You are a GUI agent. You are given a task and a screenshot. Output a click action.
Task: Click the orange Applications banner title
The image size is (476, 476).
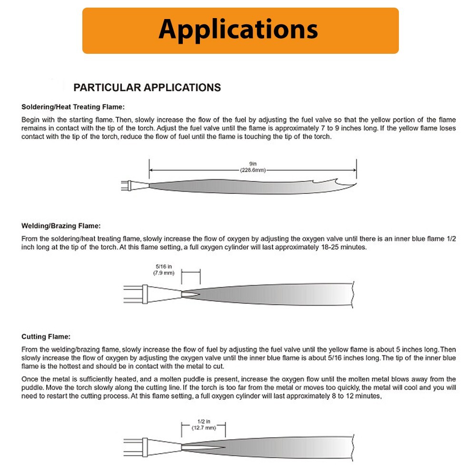pyautogui.click(x=238, y=30)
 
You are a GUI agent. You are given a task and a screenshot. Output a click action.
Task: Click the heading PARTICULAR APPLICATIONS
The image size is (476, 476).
pyautogui.click(x=147, y=88)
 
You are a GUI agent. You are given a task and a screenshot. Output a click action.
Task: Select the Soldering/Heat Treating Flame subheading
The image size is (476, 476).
pyautogui.click(x=73, y=107)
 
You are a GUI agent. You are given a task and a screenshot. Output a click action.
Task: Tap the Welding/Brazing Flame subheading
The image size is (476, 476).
pyautogui.click(x=61, y=226)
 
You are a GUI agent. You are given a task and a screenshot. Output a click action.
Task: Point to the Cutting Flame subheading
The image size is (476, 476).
pyautogui.click(x=46, y=337)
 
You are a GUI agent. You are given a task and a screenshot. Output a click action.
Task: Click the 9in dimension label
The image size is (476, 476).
pyautogui.click(x=253, y=164)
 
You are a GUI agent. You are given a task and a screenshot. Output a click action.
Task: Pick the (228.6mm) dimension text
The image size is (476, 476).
pyautogui.click(x=253, y=170)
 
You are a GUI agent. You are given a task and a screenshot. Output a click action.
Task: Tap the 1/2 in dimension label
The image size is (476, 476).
pyautogui.click(x=204, y=421)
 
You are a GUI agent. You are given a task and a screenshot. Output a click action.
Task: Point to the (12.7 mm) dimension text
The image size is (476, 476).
pyautogui.click(x=204, y=427)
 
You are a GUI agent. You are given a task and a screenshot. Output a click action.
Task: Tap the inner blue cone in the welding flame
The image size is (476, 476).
pyautogui.click(x=190, y=293)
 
